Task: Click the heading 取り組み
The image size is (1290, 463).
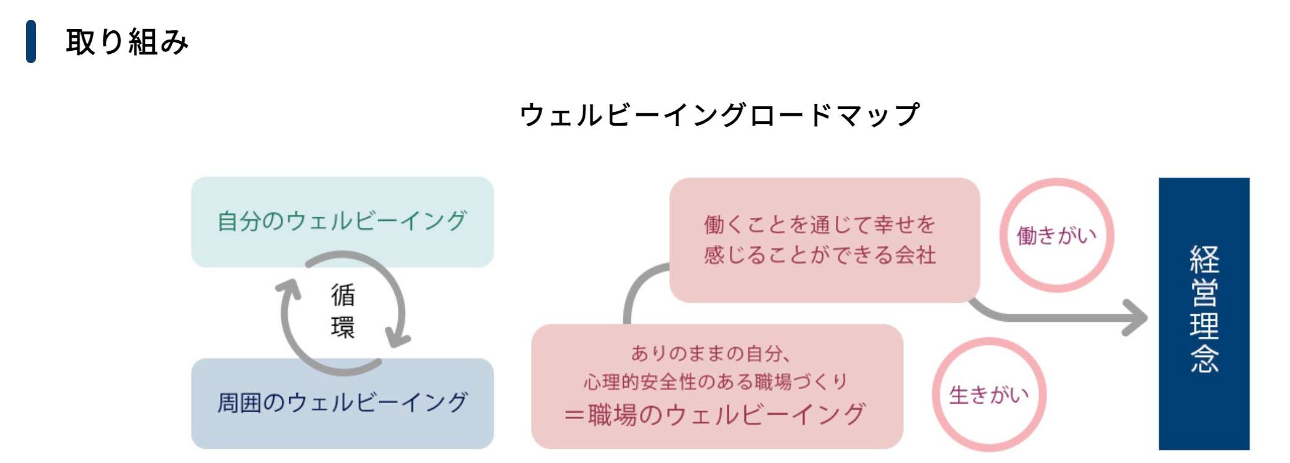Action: [x=127, y=42]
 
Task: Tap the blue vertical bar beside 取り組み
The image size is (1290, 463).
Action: [x=31, y=41]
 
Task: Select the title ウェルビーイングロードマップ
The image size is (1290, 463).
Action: [x=719, y=115]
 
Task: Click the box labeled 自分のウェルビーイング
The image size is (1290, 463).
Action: [x=342, y=222]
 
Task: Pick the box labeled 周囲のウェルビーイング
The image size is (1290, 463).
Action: [x=342, y=403]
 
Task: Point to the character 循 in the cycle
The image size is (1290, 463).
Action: [x=343, y=295]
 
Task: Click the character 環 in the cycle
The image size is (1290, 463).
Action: [x=343, y=327]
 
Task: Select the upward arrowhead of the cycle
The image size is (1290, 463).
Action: [x=288, y=289]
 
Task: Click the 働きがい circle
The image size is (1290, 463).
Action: [x=1057, y=235]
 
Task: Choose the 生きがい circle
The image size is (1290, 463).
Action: [x=989, y=394]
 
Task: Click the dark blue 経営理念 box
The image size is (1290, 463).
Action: [x=1204, y=313]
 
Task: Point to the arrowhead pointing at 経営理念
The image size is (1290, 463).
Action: [x=1135, y=318]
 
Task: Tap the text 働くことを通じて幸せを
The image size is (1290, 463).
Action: [x=820, y=225]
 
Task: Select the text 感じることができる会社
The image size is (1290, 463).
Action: [x=820, y=255]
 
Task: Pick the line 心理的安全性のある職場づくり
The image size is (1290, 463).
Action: [x=716, y=382]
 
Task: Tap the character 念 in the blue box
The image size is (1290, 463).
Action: [x=1204, y=358]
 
